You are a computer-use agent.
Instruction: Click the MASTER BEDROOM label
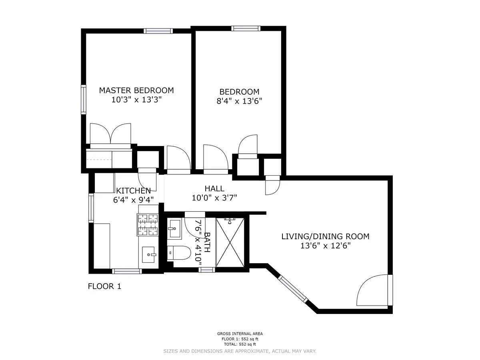click(x=136, y=90)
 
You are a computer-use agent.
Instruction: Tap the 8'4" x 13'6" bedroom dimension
click(x=239, y=101)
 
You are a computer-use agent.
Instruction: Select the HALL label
click(x=214, y=188)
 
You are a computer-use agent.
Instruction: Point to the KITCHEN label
click(x=133, y=191)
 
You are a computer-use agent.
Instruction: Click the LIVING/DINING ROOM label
click(x=325, y=236)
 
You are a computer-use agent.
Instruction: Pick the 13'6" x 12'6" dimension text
click(x=325, y=246)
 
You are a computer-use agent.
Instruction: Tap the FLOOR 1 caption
click(x=104, y=286)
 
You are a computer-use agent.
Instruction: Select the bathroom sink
click(x=174, y=229)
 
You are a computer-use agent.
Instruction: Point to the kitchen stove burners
click(x=148, y=225)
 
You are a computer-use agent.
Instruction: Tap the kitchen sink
click(x=150, y=254)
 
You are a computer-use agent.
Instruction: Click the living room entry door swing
click(x=372, y=290)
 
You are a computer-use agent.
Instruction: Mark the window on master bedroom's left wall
click(x=84, y=99)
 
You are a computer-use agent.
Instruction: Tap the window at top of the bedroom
click(x=246, y=28)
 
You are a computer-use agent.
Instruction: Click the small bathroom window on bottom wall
click(x=207, y=270)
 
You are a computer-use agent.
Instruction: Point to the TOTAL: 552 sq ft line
click(x=240, y=344)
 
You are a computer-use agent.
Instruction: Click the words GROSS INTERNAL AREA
click(x=240, y=334)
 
